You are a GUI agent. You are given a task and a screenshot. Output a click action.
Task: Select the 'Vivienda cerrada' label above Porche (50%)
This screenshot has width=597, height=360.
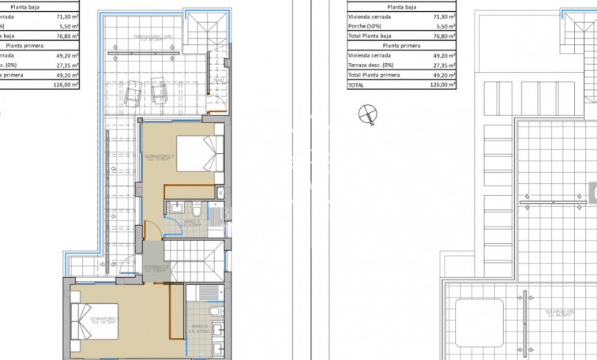[369, 15]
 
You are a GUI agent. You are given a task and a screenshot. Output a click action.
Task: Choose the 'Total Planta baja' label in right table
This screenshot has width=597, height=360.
[370, 36]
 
